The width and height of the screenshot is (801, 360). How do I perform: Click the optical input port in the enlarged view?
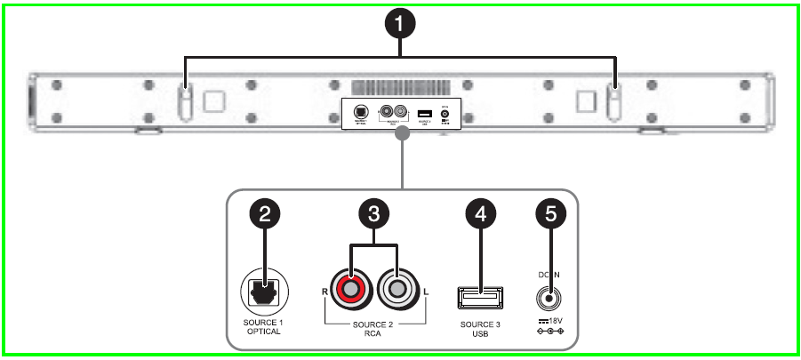pyautogui.click(x=264, y=291)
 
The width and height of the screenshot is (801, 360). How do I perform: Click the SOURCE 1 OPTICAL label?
pyautogui.click(x=264, y=327)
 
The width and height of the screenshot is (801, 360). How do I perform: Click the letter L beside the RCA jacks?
pyautogui.click(x=428, y=291)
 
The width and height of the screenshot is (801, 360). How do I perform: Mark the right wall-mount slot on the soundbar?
pyautogui.click(x=613, y=101)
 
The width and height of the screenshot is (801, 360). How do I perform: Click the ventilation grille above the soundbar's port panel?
pyautogui.click(x=399, y=88)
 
